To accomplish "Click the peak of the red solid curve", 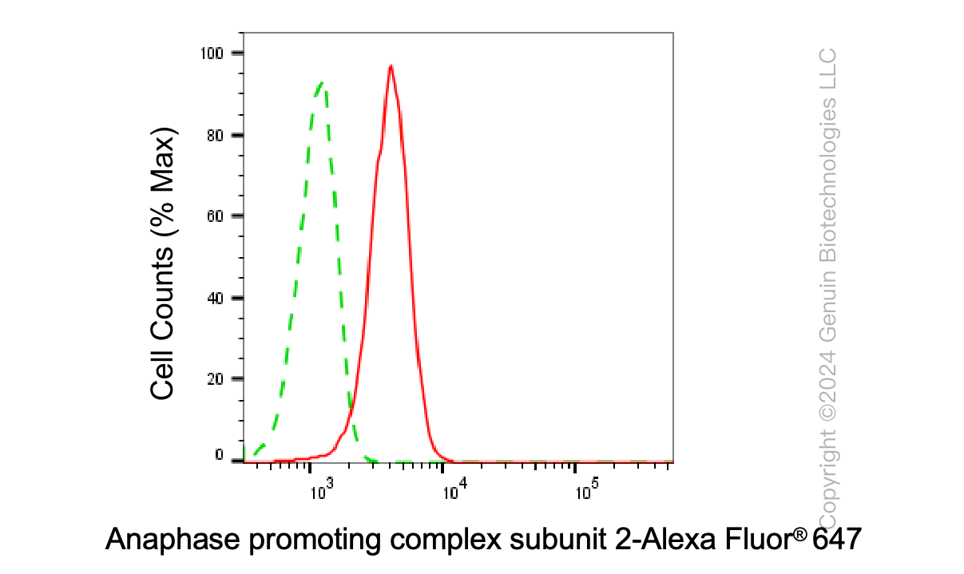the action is pos(391,65).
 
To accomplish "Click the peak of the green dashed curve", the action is pos(321,82).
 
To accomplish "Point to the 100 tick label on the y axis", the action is pos(212,53).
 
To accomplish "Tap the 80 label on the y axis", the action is pos(215,136).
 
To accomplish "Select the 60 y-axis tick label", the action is pos(215,216).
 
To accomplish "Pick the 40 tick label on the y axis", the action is pos(215,299).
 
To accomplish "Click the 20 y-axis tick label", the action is pos(215,378).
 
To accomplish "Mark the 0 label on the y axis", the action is pos(219,455).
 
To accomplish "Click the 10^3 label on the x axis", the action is pos(322,489).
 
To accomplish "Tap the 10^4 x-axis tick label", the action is pos(455,489).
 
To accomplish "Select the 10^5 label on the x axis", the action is pos(587,489).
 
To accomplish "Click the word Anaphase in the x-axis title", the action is pos(173,540).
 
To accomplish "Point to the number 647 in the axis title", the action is pos(837,539).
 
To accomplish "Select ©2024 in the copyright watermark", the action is pos(827,386).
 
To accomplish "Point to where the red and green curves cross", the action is pos(351,406).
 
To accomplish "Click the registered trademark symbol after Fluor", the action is pos(799,534).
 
